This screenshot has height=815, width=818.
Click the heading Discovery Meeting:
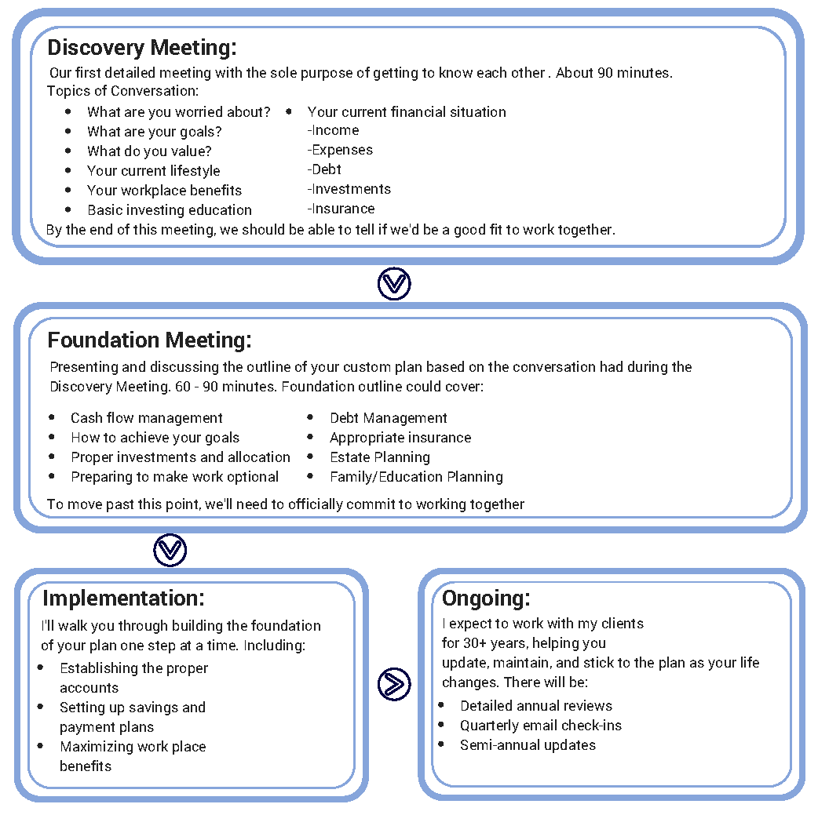click(x=141, y=47)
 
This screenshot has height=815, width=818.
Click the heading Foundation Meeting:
click(x=149, y=340)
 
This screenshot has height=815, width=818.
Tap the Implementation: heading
click(x=123, y=598)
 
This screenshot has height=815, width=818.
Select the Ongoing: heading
click(x=486, y=598)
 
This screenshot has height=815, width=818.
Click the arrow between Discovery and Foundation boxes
click(x=394, y=284)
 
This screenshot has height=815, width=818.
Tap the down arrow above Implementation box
click(x=170, y=550)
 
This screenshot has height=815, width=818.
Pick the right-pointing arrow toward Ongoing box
click(x=394, y=684)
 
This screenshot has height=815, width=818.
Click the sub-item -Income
click(x=333, y=130)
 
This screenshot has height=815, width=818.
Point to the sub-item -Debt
click(x=324, y=169)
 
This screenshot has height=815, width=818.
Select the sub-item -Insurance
click(x=341, y=209)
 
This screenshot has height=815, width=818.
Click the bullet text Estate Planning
click(x=380, y=457)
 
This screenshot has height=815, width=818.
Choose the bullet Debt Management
click(x=389, y=418)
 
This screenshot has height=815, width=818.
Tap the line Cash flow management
click(x=147, y=418)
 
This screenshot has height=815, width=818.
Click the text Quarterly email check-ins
click(x=541, y=726)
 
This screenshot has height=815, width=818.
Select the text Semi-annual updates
click(x=528, y=745)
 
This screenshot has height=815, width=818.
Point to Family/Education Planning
click(x=416, y=477)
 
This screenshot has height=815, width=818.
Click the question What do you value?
click(x=149, y=151)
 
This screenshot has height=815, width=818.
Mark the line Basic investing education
click(x=170, y=210)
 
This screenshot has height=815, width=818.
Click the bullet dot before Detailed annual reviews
click(x=442, y=705)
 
